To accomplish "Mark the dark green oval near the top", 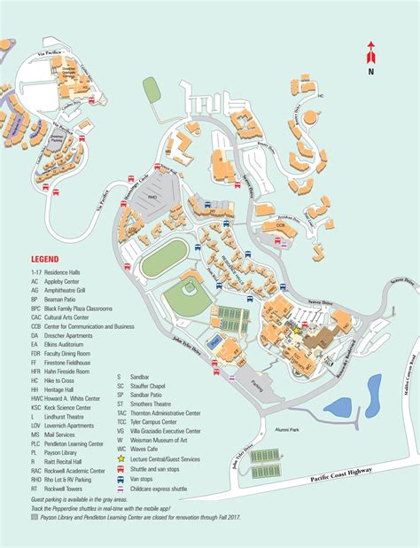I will (x=152, y=90).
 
